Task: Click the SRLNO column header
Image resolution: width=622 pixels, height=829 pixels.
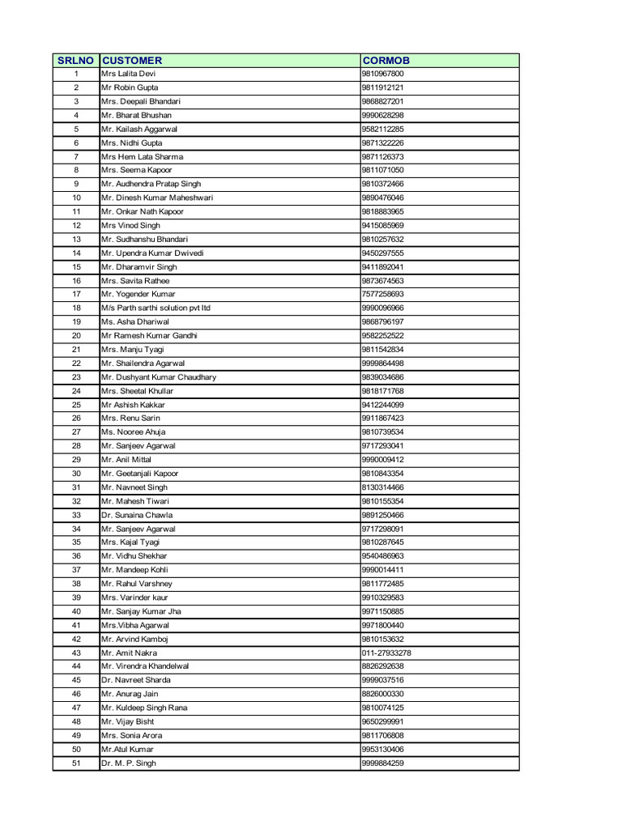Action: point(76,60)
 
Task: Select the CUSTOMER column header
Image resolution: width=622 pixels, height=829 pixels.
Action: point(132,60)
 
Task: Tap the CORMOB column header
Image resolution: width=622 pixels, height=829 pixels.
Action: point(386,60)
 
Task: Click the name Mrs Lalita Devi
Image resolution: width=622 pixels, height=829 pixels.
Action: point(128,74)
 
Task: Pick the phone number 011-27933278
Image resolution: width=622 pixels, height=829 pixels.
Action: point(386,653)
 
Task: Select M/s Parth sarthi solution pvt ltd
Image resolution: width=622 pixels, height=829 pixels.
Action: point(155,308)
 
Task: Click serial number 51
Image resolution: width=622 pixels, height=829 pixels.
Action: point(76,763)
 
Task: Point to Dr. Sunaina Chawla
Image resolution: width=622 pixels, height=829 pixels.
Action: point(137,515)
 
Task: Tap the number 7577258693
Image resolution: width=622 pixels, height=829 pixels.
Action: point(382,294)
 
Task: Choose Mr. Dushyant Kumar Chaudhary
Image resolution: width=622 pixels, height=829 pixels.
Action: point(159,377)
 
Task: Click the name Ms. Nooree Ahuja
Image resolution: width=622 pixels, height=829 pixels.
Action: point(133,432)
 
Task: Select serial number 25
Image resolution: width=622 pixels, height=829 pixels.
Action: point(76,405)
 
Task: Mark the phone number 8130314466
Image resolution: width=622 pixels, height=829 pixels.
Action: point(382,487)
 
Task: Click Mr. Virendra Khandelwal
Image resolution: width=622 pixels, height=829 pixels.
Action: point(145,666)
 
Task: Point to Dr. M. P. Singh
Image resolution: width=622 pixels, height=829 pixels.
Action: point(129,763)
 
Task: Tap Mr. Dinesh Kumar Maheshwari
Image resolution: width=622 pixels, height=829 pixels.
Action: point(157,198)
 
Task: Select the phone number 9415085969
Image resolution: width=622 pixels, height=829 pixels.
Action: point(382,225)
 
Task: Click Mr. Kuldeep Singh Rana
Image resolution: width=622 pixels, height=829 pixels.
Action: point(144,708)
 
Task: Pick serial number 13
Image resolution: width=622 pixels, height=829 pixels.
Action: point(76,239)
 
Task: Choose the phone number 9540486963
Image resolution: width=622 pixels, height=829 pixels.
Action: point(382,556)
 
